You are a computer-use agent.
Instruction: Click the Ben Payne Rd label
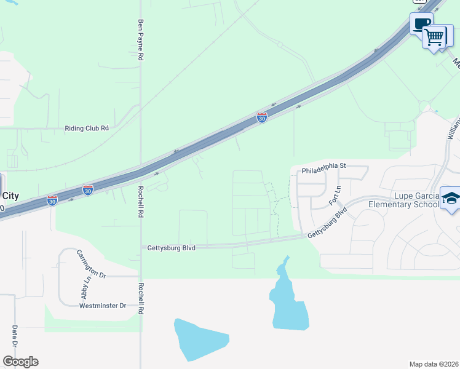pyautogui.click(x=141, y=39)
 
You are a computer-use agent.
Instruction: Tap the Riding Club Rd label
pyautogui.click(x=87, y=129)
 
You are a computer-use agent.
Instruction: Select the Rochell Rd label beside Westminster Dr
pyautogui.click(x=141, y=299)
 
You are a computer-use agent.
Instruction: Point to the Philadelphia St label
pyautogui.click(x=325, y=166)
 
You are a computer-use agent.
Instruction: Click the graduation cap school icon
pyautogui.click(x=451, y=199)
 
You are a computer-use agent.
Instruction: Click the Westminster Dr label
pyautogui.click(x=103, y=306)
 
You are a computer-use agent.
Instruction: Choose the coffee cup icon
pyautogui.click(x=421, y=24)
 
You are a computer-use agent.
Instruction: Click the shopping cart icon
pyautogui.click(x=435, y=37)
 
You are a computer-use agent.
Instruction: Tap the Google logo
pyautogui.click(x=20, y=362)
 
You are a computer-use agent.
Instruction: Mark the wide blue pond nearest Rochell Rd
pyautogui.click(x=201, y=339)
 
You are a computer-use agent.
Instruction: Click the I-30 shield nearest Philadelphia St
pyautogui.click(x=262, y=117)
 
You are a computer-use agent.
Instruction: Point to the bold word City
pyautogui.click(x=10, y=196)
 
